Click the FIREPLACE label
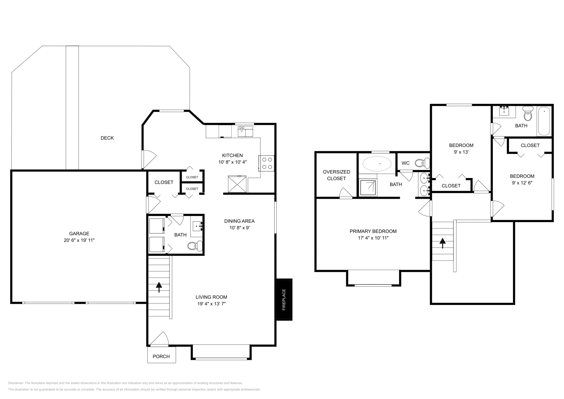[x=284, y=300]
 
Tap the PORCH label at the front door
[x=161, y=356]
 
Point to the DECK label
[x=107, y=138]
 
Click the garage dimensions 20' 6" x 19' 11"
[x=79, y=240]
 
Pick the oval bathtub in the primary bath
[x=377, y=164]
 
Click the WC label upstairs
[x=405, y=163]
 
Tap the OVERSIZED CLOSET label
[x=336, y=175]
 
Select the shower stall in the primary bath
[x=368, y=188]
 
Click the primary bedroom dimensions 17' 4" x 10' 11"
[x=373, y=238]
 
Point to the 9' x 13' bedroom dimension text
[x=461, y=152]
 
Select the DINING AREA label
[x=239, y=221]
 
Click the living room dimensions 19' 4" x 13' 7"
[x=211, y=303]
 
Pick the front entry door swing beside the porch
[x=160, y=339]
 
